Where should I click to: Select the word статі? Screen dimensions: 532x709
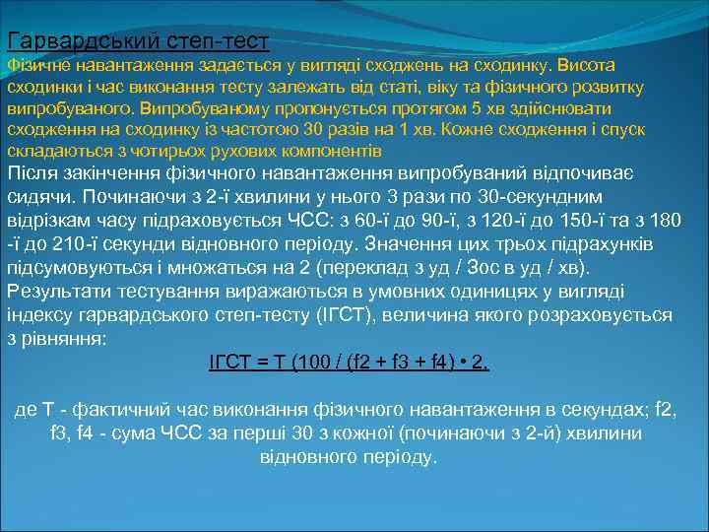pos(396,87)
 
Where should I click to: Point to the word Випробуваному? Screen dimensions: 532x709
pos(195,108)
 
